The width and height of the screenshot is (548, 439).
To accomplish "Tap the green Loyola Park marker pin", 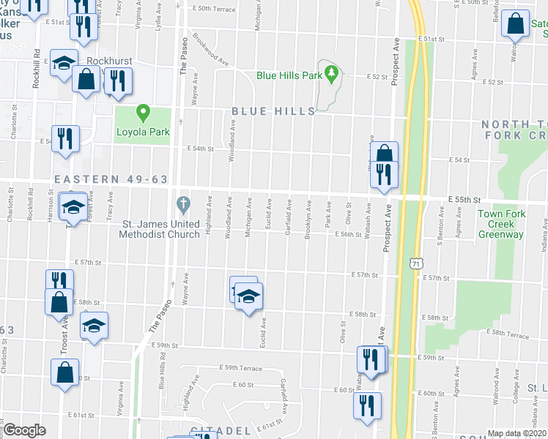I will pos(144,113).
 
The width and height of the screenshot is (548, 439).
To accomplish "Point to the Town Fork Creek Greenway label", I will pos(500,224).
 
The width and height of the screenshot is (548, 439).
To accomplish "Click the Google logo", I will pos(24,430).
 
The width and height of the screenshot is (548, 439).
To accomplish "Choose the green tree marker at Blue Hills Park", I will pos(332,72).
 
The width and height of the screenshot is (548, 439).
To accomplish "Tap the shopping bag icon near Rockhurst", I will pos(86,79).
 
